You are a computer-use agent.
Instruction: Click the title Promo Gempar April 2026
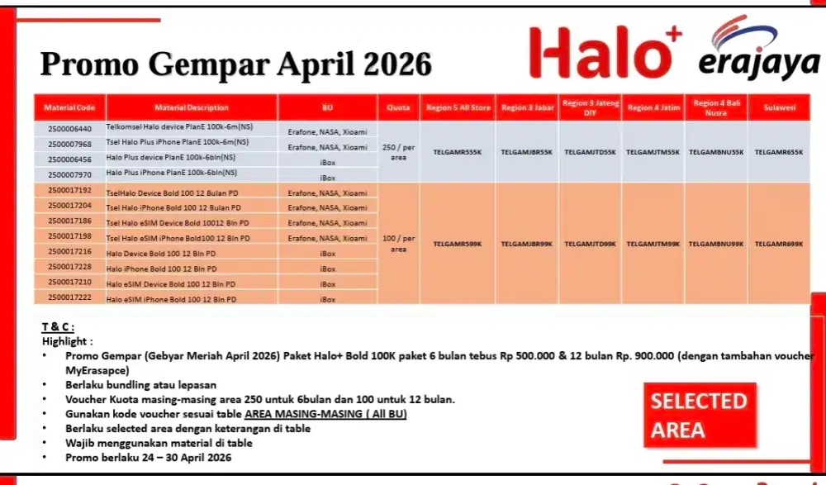click(x=236, y=64)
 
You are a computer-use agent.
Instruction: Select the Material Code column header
click(x=70, y=108)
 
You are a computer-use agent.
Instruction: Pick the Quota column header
click(x=399, y=108)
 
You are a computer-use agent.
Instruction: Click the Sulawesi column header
click(x=779, y=108)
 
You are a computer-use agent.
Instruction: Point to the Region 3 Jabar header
click(x=527, y=108)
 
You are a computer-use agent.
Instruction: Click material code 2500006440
click(x=70, y=130)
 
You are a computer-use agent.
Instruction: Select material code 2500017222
click(x=70, y=297)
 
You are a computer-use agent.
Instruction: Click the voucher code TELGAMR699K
click(x=778, y=244)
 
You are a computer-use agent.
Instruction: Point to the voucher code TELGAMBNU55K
click(x=716, y=152)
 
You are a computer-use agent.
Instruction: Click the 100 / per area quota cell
click(x=399, y=243)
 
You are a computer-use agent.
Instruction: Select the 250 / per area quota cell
click(x=399, y=152)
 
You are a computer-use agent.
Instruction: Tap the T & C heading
click(x=59, y=327)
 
